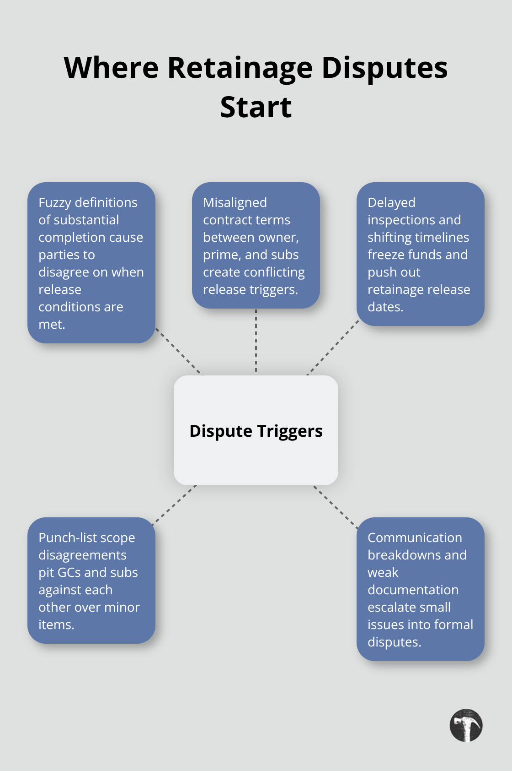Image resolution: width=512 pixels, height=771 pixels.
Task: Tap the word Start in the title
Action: point(256,108)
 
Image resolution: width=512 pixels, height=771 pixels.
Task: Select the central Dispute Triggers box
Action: point(256,430)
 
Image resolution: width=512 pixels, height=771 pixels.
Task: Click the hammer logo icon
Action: point(466,726)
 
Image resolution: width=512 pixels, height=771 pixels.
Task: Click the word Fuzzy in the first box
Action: point(55,202)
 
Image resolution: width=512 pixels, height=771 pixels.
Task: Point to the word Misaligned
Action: point(235,202)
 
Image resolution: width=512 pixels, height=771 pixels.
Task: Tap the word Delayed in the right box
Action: point(391,202)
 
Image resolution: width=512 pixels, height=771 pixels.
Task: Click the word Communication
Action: point(415,538)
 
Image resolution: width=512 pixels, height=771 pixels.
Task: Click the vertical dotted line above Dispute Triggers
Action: point(256,341)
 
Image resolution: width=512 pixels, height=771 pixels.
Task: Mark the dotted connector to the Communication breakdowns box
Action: point(336,507)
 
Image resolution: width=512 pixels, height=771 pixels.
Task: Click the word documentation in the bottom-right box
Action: point(413,590)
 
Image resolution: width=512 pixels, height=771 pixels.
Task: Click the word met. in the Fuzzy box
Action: point(52,324)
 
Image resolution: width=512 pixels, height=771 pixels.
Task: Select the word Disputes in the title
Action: point(384,68)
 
